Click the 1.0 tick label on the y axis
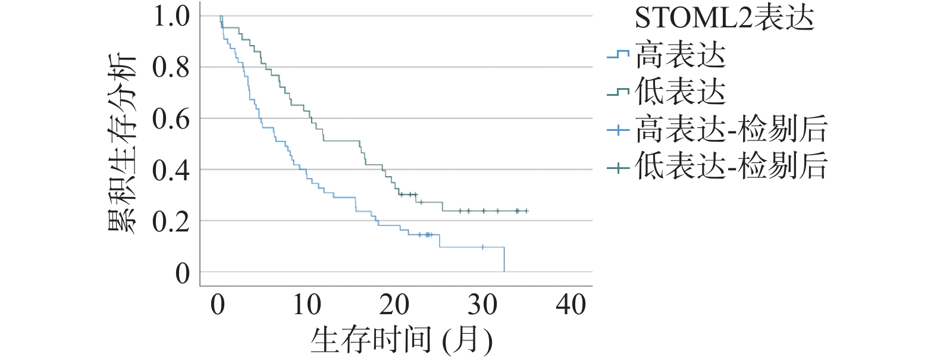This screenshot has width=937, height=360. (171, 16)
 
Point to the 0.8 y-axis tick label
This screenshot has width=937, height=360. (171, 67)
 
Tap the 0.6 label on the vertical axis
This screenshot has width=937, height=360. (171, 119)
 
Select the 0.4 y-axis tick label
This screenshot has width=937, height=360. (171, 170)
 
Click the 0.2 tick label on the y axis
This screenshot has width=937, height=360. (171, 221)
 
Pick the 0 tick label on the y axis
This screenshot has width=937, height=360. (183, 273)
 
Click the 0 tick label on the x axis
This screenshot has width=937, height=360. (218, 305)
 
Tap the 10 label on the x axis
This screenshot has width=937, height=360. (306, 305)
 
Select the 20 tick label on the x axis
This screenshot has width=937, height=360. (394, 305)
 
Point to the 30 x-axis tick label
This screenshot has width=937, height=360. (482, 305)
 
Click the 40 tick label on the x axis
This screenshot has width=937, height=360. (571, 305)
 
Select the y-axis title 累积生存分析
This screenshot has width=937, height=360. (123, 143)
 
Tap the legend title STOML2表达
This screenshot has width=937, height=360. (724, 18)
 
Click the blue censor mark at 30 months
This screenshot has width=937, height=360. (482, 247)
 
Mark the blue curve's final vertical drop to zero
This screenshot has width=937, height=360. (504, 260)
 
